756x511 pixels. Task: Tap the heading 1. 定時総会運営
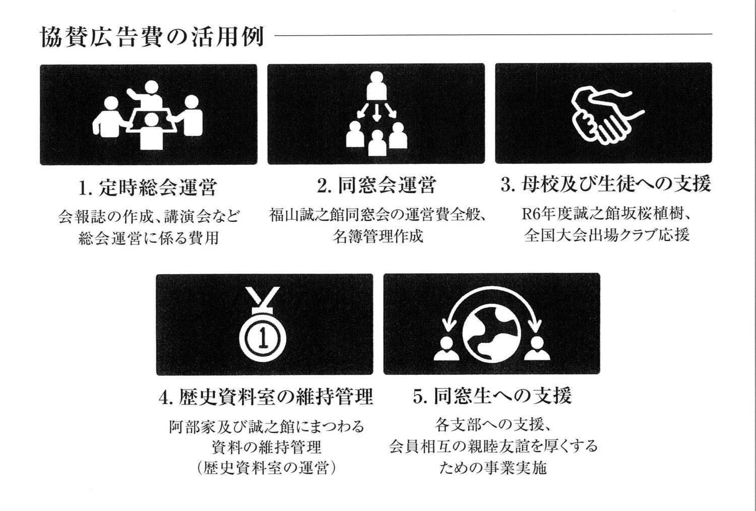point(148,188)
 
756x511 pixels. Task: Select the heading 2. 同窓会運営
point(376,185)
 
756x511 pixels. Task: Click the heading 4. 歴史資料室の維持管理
point(266,397)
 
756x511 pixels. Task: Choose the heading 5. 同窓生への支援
point(492,396)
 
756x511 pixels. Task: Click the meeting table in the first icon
point(154,121)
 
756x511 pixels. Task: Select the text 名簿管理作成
point(377,236)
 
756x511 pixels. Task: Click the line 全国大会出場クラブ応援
point(607,235)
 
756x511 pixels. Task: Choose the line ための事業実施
point(493,468)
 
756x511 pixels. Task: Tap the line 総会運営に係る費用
point(149,238)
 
